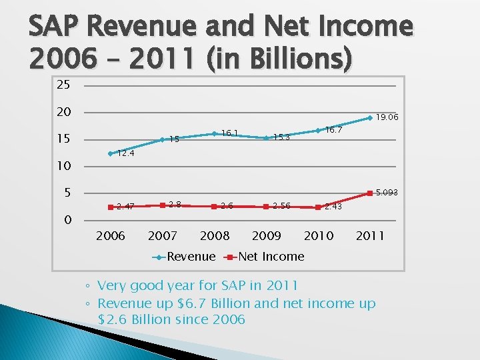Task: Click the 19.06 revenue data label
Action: pos(387,117)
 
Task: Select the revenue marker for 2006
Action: pos(111,153)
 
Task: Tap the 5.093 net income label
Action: pos(387,193)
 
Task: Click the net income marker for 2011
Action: pos(370,193)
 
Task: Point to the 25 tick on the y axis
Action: pos(63,85)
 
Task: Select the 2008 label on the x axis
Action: pos(215,235)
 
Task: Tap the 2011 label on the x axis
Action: pos(370,235)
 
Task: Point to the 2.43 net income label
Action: pos(334,207)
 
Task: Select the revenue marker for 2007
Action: pos(163,139)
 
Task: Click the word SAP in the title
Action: pos(53,27)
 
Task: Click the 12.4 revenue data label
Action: pos(126,153)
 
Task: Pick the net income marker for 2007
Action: pos(163,204)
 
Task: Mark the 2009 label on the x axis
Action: pos(267,235)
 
